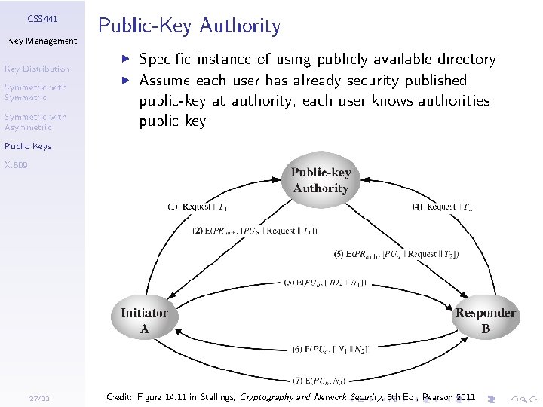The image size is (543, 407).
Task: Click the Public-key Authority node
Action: [321, 181]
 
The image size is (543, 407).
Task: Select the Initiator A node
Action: [145, 320]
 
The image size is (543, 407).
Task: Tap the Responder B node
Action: [486, 320]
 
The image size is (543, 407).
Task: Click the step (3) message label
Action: [325, 283]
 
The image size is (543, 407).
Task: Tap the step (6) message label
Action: [330, 350]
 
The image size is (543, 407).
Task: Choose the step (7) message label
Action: [320, 380]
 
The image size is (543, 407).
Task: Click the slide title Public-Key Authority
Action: [189, 27]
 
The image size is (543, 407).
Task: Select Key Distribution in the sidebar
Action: [36, 69]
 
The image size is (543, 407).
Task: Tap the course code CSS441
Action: [42, 17]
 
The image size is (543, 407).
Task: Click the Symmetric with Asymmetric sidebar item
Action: [35, 122]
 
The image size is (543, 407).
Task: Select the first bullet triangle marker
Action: [128, 57]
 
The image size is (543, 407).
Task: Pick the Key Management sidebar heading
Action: [42, 41]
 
